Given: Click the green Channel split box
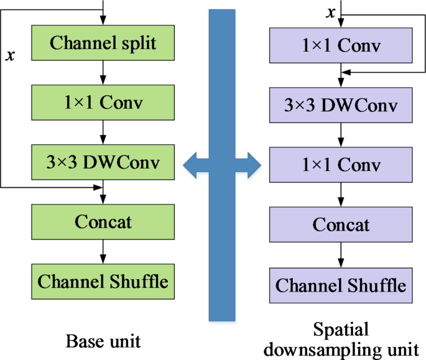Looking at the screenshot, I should pyautogui.click(x=103, y=44).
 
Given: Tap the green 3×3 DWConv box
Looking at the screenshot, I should pyautogui.click(x=103, y=163).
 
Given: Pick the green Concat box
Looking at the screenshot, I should pyautogui.click(x=103, y=222).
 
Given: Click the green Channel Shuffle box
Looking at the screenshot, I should pyautogui.click(x=103, y=281).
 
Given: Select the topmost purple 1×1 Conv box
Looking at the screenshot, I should pyautogui.click(x=340, y=46).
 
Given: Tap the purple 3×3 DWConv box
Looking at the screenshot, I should pyautogui.click(x=340, y=105).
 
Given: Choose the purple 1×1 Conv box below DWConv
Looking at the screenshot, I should pyautogui.click(x=340, y=165).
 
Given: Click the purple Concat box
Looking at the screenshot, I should pyautogui.click(x=340, y=224).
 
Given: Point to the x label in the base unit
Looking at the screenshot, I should pyautogui.click(x=10, y=56).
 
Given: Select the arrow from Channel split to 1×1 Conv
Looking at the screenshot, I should pyautogui.click(x=103, y=73).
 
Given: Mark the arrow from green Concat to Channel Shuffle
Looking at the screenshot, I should pyautogui.click(x=103, y=251).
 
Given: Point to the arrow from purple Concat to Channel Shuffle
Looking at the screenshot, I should pyautogui.click(x=340, y=254).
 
